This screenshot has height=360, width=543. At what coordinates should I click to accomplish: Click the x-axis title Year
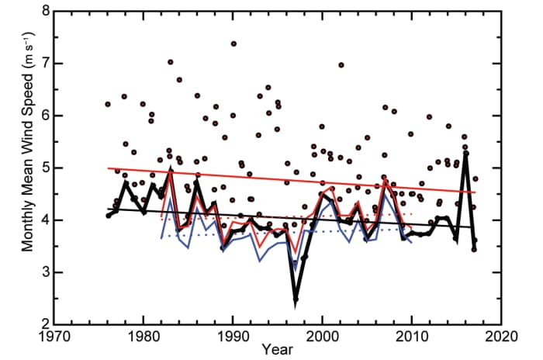[276, 351]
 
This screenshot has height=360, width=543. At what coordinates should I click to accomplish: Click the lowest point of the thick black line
[296, 299]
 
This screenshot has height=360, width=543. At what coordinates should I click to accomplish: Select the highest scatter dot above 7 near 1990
[233, 44]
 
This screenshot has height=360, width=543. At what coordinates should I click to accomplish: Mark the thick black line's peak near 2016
[465, 152]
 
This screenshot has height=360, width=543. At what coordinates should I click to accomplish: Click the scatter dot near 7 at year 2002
[341, 65]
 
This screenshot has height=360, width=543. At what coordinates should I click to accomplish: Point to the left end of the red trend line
[109, 168]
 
